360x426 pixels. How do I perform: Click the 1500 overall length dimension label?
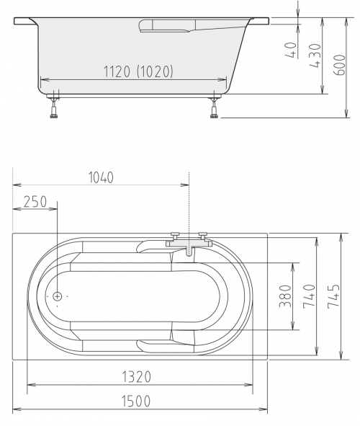[135, 401]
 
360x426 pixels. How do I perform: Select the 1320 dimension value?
[137, 377]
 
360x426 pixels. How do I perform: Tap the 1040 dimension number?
[101, 177]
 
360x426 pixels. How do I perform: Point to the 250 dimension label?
[35, 202]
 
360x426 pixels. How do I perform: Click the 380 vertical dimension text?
[285, 296]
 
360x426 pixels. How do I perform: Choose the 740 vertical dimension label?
[310, 296]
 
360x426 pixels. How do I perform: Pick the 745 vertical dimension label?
[333, 296]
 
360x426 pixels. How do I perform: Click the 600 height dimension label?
[339, 65]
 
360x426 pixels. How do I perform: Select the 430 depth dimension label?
[315, 56]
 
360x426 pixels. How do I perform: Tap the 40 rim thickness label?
[291, 50]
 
